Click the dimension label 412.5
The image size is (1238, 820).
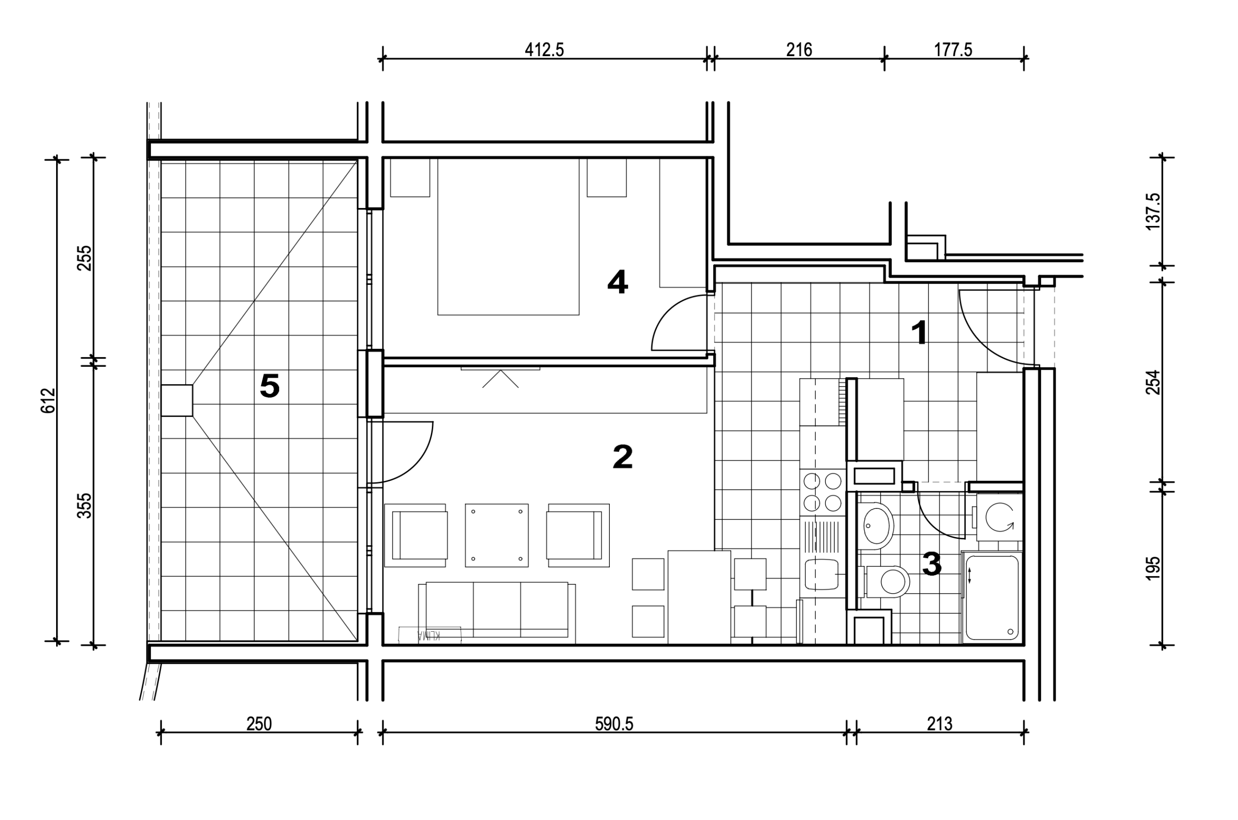(x=544, y=50)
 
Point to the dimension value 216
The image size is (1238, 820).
(x=799, y=50)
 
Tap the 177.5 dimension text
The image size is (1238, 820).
(x=953, y=50)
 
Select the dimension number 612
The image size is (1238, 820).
(x=48, y=401)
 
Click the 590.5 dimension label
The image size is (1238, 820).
(x=614, y=724)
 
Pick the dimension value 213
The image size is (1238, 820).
(x=940, y=724)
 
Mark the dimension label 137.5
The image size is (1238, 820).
(x=1153, y=212)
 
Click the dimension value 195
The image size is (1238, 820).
(x=1153, y=568)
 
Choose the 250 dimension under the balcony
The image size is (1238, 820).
(x=259, y=724)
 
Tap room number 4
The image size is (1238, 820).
(x=618, y=283)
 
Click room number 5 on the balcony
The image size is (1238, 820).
(x=270, y=387)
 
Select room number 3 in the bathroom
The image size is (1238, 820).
(x=931, y=564)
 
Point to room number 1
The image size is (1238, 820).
(x=919, y=333)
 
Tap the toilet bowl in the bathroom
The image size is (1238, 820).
(x=888, y=581)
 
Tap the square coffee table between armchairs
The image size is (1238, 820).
(x=497, y=535)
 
